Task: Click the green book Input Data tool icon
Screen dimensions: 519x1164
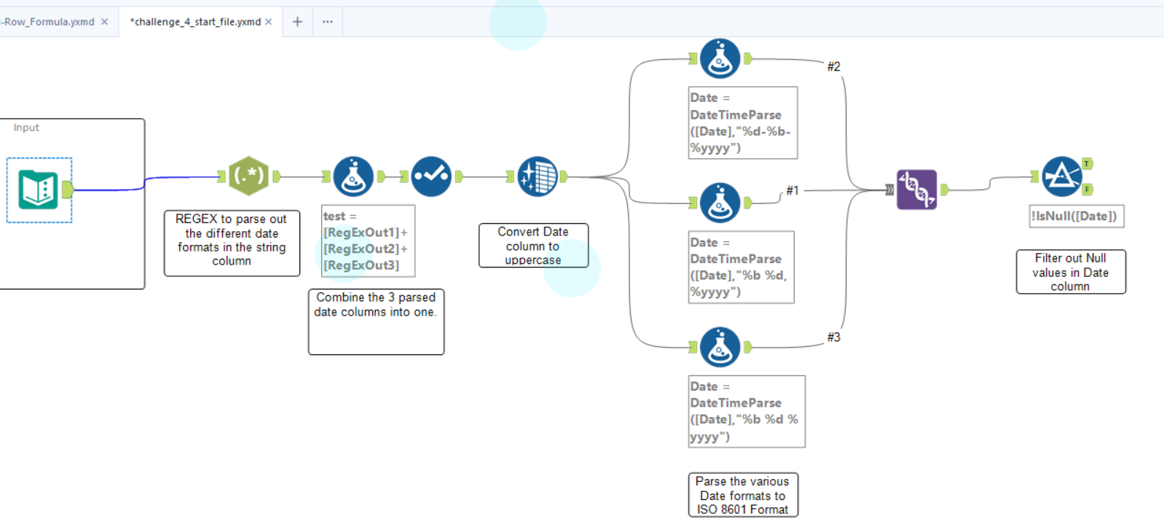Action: click(x=38, y=190)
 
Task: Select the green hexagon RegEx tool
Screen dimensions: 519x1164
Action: click(x=248, y=176)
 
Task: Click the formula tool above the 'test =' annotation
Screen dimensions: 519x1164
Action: click(x=353, y=176)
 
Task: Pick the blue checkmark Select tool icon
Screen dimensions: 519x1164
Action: click(x=430, y=176)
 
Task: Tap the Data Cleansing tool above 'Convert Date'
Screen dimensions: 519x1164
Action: click(x=537, y=176)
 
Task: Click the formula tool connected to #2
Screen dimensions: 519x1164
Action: click(x=720, y=59)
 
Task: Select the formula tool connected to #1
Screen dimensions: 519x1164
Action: click(x=720, y=203)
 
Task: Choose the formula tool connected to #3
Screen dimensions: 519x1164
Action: click(x=720, y=347)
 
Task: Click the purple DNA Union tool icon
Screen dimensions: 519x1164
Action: click(x=916, y=190)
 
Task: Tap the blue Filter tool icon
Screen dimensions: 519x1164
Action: click(x=1061, y=176)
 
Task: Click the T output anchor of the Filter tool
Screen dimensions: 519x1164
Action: click(x=1087, y=164)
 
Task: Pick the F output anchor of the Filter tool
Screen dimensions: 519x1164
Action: click(x=1087, y=190)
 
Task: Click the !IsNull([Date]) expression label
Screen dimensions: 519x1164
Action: click(x=1075, y=216)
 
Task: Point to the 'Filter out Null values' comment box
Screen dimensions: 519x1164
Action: click(x=1070, y=272)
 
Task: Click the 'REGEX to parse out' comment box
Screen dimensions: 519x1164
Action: click(x=232, y=241)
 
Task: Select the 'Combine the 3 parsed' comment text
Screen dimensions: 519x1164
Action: click(x=376, y=305)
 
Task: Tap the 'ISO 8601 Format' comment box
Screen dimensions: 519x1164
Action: click(x=742, y=496)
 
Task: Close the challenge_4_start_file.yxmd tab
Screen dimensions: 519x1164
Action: click(x=269, y=22)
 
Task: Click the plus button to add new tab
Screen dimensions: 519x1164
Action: click(x=297, y=22)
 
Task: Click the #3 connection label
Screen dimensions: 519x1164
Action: click(x=833, y=337)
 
